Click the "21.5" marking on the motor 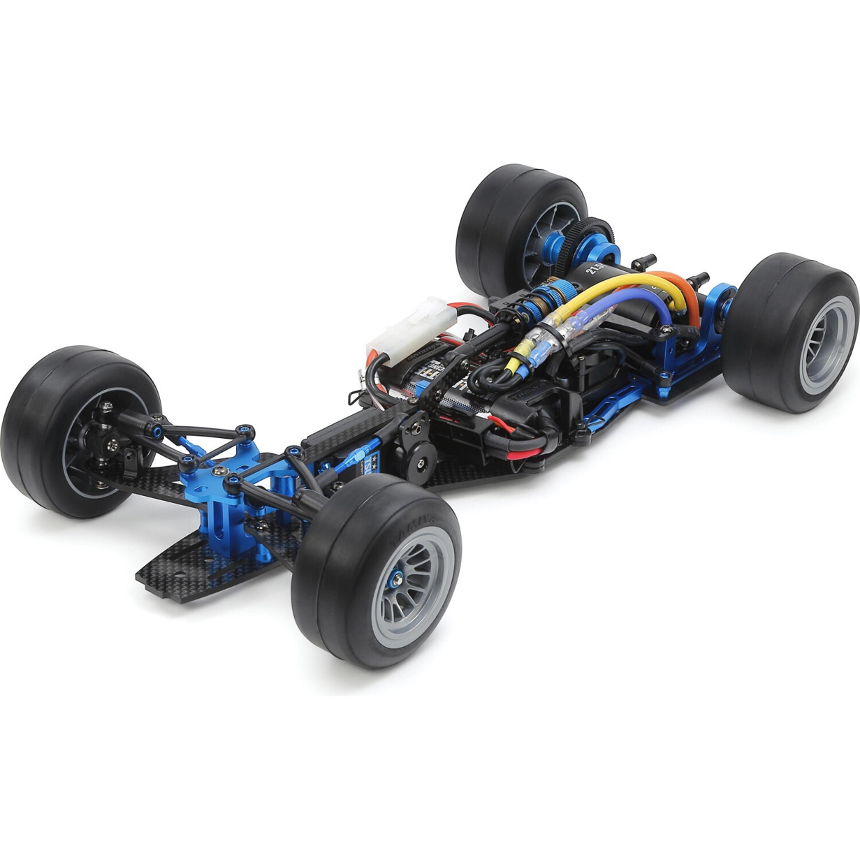pyautogui.click(x=597, y=270)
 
